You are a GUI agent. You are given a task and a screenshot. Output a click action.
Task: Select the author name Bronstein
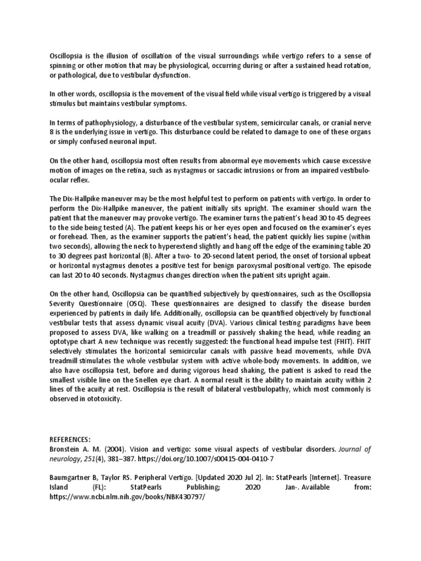click(x=67, y=449)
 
